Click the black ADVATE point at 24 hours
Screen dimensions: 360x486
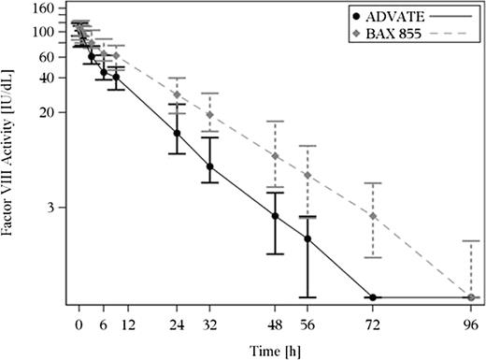click(x=177, y=133)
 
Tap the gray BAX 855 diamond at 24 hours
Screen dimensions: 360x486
click(x=177, y=94)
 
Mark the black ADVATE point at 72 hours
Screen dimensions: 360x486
click(x=373, y=297)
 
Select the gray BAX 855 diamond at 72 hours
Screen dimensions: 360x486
click(x=373, y=216)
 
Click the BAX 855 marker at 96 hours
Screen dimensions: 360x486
click(x=471, y=297)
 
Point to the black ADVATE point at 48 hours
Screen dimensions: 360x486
click(x=275, y=216)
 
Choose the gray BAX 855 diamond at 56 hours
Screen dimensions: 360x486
click(x=307, y=175)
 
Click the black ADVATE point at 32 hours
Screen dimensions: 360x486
click(x=209, y=166)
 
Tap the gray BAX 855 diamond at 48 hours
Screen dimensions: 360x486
click(x=275, y=155)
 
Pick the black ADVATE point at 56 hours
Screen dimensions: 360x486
click(x=307, y=239)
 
